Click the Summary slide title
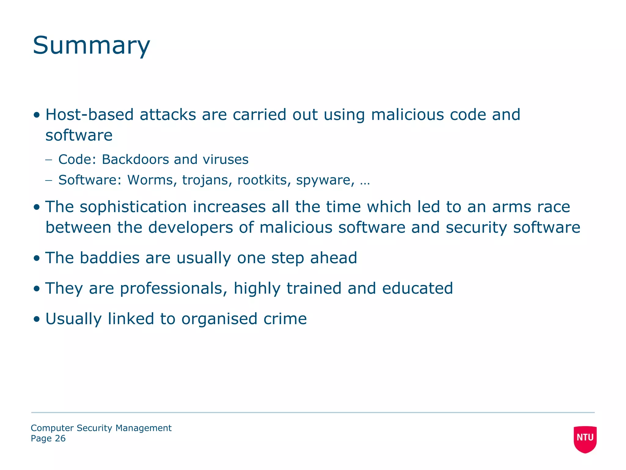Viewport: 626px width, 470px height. [x=91, y=46]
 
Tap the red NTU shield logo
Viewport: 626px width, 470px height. [x=585, y=439]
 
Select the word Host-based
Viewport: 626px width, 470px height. [x=90, y=115]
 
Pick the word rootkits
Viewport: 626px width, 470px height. [x=262, y=180]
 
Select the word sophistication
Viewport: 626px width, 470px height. [x=133, y=207]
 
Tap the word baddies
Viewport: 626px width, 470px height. [x=109, y=258]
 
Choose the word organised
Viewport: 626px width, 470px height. [x=219, y=319]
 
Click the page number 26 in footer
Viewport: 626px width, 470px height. [x=60, y=438]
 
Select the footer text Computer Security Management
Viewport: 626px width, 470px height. [x=101, y=428]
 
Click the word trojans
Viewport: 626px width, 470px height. [x=205, y=180]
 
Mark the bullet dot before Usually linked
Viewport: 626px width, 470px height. [x=37, y=319]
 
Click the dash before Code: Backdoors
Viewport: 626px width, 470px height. [x=49, y=160]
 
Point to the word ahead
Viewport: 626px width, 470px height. [x=333, y=258]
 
